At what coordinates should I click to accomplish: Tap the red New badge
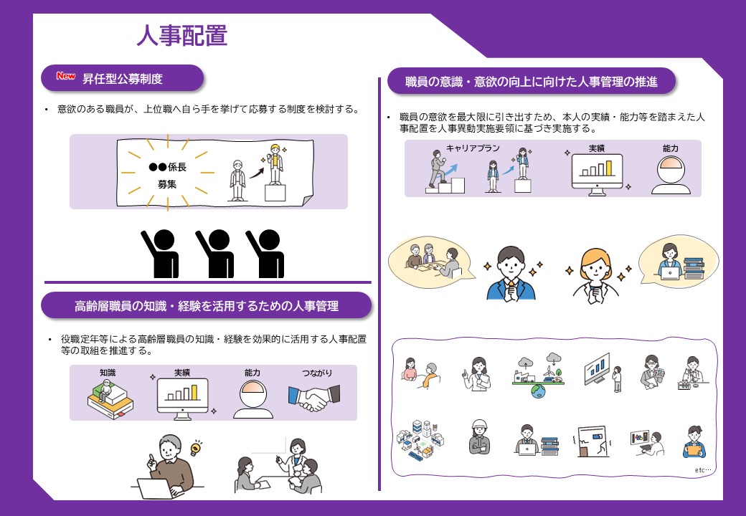click(66, 77)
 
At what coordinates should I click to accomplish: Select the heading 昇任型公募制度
click(122, 78)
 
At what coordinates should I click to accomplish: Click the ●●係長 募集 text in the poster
click(166, 175)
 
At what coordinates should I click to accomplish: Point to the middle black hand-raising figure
click(214, 253)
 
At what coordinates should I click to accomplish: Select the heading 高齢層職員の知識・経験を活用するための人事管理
click(207, 306)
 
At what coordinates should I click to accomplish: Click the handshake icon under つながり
click(313, 398)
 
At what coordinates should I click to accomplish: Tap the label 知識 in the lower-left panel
click(108, 373)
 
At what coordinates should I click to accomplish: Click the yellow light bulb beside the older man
click(196, 449)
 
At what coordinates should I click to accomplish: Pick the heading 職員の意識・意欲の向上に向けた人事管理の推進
click(531, 81)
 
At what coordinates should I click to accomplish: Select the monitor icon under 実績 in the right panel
click(596, 173)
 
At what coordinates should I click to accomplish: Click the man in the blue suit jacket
click(511, 274)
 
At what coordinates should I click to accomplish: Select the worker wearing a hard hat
click(478, 436)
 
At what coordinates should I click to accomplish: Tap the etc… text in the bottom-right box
click(703, 470)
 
